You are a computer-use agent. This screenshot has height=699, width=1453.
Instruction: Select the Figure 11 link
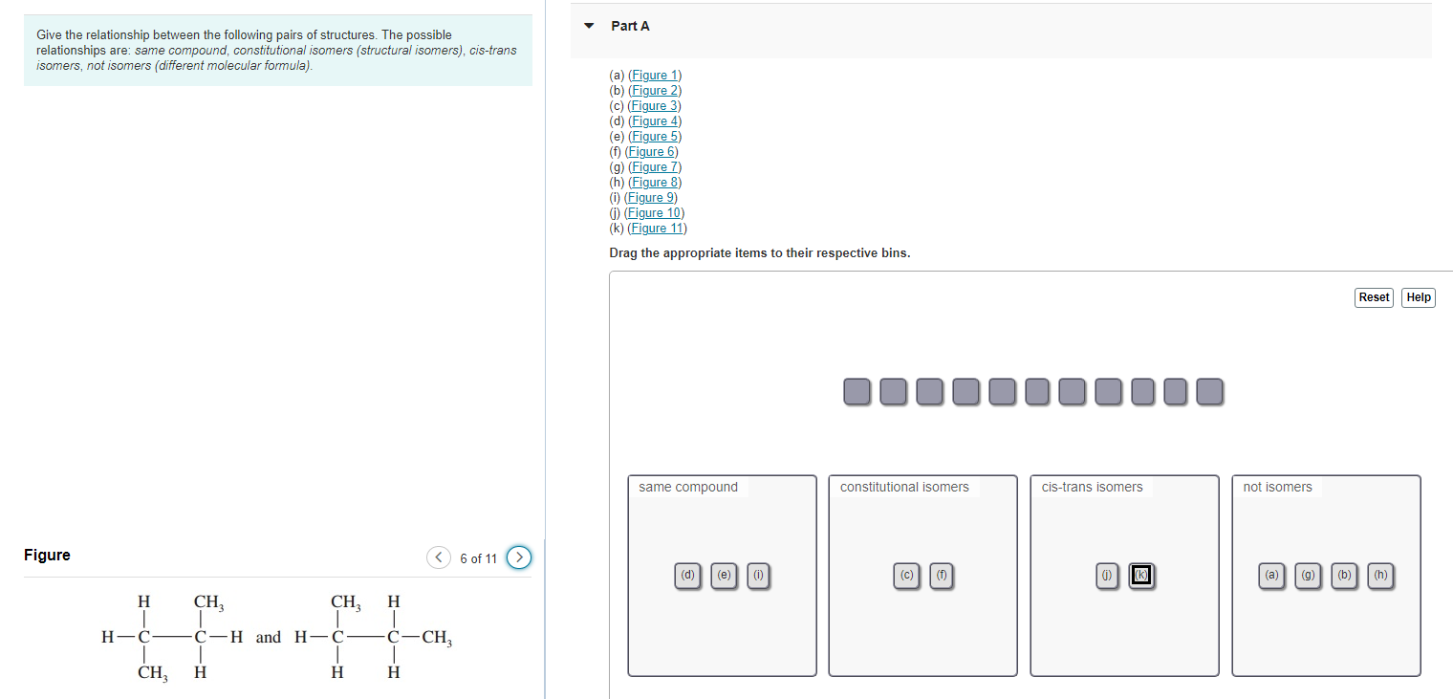point(657,229)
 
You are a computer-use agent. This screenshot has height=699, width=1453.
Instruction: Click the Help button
point(1419,297)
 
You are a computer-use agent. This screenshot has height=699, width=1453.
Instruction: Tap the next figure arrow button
point(518,557)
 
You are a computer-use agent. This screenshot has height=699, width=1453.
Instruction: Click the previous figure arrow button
point(438,557)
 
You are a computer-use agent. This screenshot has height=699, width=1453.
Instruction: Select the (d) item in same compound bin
point(687,576)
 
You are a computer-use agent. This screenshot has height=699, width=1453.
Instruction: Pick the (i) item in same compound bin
point(758,576)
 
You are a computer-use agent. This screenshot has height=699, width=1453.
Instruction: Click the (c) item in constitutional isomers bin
point(906,576)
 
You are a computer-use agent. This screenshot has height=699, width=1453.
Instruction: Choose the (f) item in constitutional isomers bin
point(942,576)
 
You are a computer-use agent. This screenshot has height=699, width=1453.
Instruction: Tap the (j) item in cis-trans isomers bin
point(1107,576)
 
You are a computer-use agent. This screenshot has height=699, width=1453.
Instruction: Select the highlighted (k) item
point(1141,576)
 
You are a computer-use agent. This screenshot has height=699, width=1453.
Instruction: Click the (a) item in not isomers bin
point(1271,576)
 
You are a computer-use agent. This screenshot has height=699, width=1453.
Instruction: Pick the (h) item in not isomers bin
point(1380,576)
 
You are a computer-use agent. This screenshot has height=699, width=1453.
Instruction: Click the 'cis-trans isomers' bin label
point(1092,488)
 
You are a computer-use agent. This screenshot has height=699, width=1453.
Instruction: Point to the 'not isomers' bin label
point(1277,488)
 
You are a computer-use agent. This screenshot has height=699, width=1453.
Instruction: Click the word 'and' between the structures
point(269,638)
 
